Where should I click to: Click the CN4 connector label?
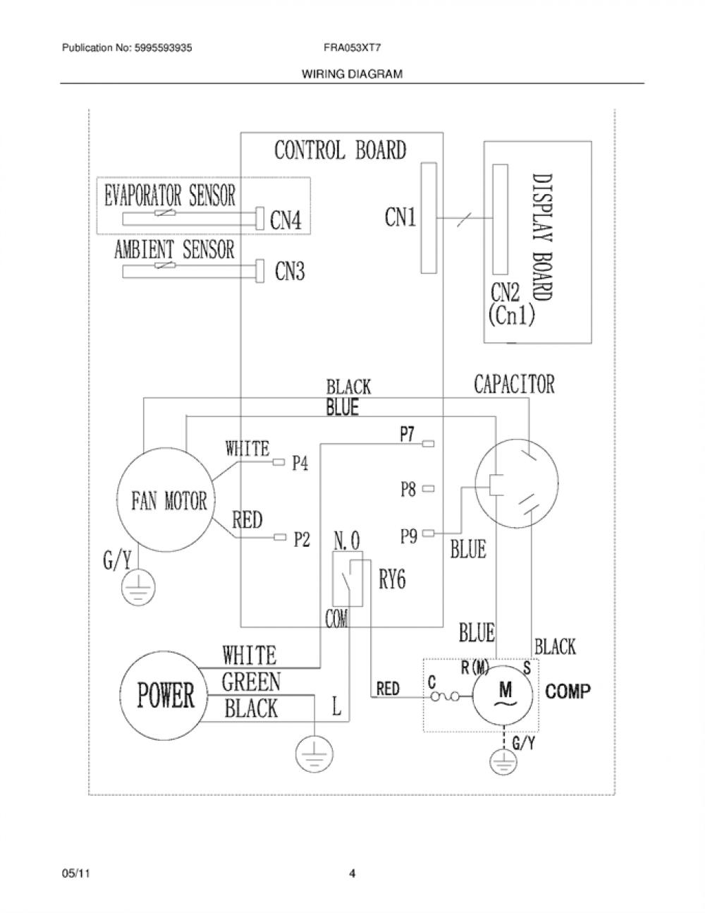click(286, 220)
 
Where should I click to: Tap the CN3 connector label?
click(290, 271)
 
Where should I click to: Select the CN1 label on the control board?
click(400, 217)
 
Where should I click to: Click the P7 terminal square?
click(428, 444)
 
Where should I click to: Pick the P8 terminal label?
click(408, 490)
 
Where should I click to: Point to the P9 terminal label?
click(409, 536)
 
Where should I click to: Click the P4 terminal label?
click(300, 464)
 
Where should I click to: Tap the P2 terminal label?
click(302, 540)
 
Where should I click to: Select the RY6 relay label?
click(393, 580)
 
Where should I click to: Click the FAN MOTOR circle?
click(166, 500)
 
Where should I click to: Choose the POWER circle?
click(164, 696)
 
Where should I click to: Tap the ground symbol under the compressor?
click(503, 762)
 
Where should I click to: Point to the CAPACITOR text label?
click(514, 385)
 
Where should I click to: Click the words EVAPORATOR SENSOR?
click(169, 195)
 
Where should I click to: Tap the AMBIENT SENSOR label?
click(174, 250)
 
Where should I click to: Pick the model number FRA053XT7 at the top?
click(352, 48)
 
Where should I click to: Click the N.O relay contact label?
click(347, 540)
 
